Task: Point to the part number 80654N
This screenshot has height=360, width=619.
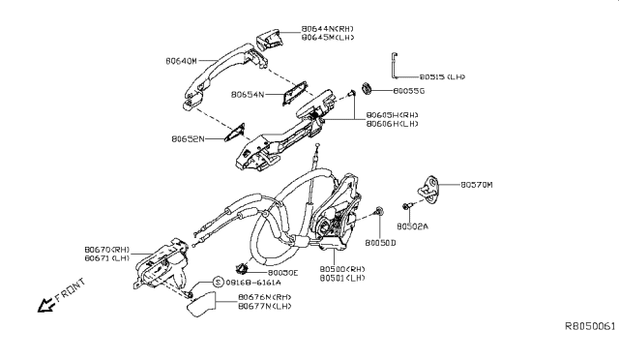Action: click(x=249, y=95)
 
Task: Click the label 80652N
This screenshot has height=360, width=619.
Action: click(x=191, y=139)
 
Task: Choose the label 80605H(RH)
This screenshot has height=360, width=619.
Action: click(x=392, y=114)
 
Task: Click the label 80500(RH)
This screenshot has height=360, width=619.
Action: click(x=342, y=268)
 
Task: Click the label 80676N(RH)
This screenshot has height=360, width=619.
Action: click(x=264, y=297)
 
